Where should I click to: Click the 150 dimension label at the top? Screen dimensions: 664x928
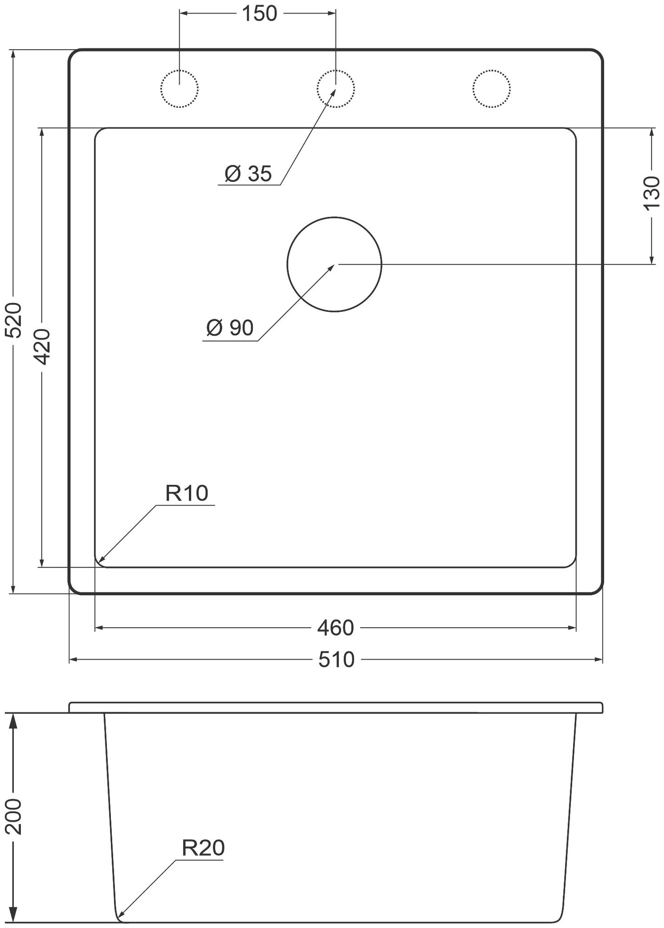[x=259, y=14]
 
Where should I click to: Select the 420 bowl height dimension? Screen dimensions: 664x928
[x=42, y=347]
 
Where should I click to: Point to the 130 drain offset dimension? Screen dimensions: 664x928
[x=652, y=193]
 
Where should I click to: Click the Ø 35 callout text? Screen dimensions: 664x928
[x=248, y=174]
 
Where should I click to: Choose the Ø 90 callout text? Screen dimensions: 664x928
[x=230, y=328]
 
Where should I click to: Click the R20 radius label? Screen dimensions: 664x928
[x=203, y=848]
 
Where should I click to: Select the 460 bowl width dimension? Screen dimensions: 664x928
[x=335, y=628]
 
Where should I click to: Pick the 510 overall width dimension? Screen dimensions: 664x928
[x=336, y=660]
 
